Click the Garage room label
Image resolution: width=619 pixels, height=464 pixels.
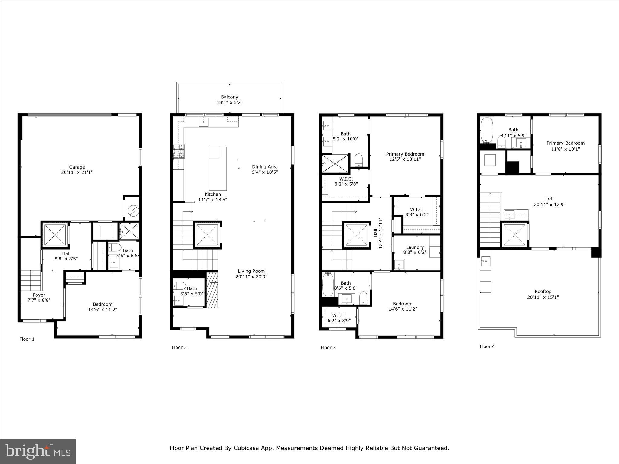point(77,167)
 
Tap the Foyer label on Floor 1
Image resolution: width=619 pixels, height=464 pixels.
point(39,295)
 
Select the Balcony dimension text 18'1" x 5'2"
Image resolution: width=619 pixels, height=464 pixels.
point(229,103)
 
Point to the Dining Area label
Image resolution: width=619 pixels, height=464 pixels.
point(265,167)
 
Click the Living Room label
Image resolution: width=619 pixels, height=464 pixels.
point(251,271)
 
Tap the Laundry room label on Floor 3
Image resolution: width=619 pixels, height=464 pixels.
point(415,247)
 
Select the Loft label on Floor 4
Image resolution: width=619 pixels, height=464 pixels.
point(549,198)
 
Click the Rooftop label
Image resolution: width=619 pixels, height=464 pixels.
point(543,292)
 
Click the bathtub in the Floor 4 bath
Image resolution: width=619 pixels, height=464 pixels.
point(487,130)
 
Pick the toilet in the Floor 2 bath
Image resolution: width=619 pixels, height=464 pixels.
point(179,286)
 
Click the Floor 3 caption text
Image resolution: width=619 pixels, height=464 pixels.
point(328,347)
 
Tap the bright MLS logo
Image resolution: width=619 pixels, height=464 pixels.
point(38,451)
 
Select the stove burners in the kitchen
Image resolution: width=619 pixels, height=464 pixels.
point(179,151)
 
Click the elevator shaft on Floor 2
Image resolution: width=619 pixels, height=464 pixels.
point(207,235)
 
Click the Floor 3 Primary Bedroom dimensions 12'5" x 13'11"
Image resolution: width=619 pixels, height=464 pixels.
point(405,159)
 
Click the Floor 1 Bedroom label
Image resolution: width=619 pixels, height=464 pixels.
point(102,304)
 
